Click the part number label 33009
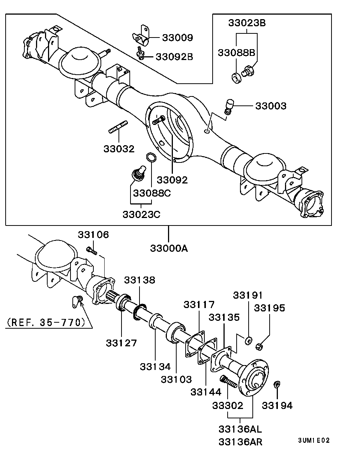click(177, 38)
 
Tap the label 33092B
click(174, 57)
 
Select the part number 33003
click(271, 106)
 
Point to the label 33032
click(119, 149)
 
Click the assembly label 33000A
click(169, 248)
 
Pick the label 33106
click(93, 235)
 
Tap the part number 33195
click(270, 308)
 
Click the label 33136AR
click(240, 442)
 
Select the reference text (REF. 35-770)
click(46, 322)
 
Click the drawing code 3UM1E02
click(314, 440)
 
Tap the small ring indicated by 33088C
click(151, 158)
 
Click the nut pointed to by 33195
click(258, 346)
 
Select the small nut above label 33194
click(277, 384)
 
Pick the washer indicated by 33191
click(248, 340)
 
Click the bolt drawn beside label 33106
click(91, 250)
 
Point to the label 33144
click(206, 392)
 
